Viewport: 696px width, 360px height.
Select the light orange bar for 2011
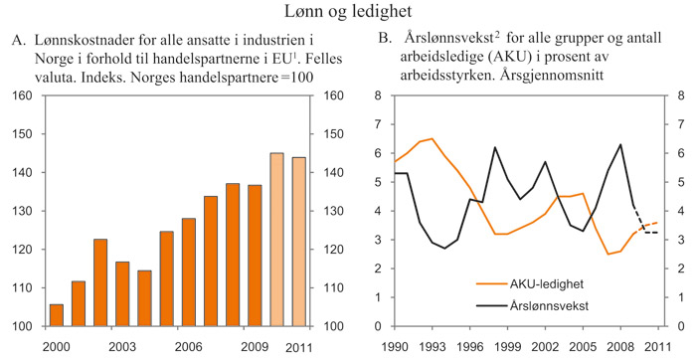coord(298,242)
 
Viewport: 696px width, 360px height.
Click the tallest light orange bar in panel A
coord(276,240)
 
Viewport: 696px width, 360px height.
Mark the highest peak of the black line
coord(621,145)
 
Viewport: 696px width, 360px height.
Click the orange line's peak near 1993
coord(432,139)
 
